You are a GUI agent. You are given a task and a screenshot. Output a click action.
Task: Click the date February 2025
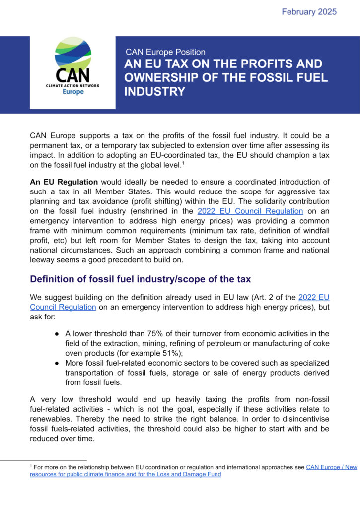point(309,11)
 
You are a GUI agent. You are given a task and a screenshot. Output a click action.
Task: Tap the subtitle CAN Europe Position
point(165,52)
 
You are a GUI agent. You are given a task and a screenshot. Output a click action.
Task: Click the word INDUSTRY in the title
point(154,92)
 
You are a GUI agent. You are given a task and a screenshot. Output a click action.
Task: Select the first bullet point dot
point(58,333)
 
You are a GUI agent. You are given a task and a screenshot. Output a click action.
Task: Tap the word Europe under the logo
point(73,92)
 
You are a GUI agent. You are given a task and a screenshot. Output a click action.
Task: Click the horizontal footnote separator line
point(59,460)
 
